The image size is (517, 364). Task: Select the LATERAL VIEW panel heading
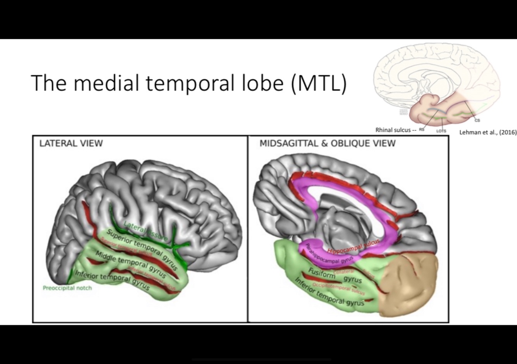click(71, 143)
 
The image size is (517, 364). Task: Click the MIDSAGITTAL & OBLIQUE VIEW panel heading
click(327, 143)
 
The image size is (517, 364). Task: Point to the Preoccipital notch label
click(67, 288)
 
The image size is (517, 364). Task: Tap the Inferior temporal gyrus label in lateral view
click(112, 280)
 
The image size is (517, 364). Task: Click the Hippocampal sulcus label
click(353, 247)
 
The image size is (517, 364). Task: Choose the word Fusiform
click(322, 273)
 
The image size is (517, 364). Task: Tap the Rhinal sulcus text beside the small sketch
click(393, 130)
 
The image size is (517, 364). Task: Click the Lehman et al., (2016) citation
click(488, 132)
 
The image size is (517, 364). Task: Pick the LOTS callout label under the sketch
click(441, 131)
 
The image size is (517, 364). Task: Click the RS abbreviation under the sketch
click(422, 130)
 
